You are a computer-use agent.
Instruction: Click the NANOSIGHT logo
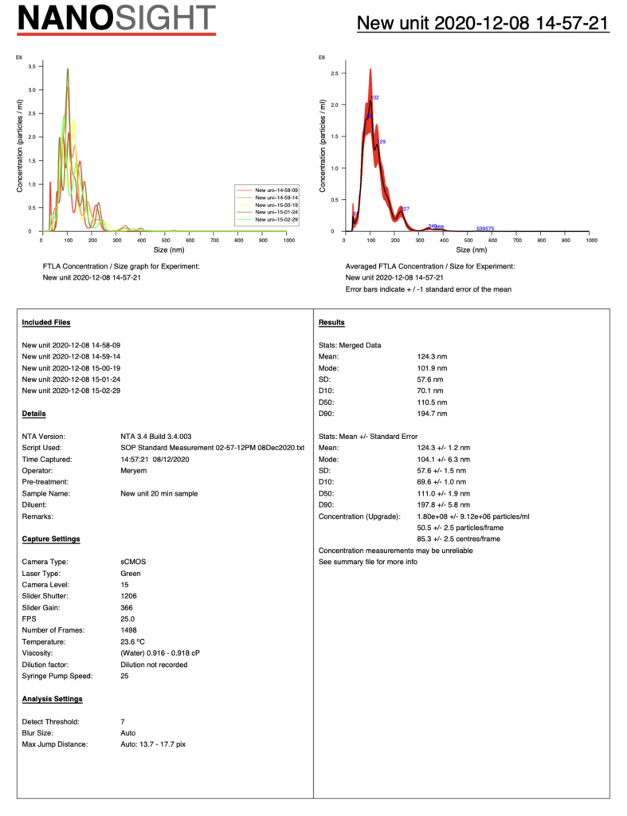click(116, 18)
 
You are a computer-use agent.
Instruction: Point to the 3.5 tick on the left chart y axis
click(31, 67)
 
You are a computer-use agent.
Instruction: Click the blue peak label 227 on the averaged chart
click(405, 209)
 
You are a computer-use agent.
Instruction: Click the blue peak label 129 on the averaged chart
click(381, 142)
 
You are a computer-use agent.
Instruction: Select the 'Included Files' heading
click(46, 322)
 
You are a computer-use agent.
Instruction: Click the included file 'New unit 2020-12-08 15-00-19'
click(71, 367)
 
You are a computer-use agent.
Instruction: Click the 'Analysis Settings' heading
click(53, 699)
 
